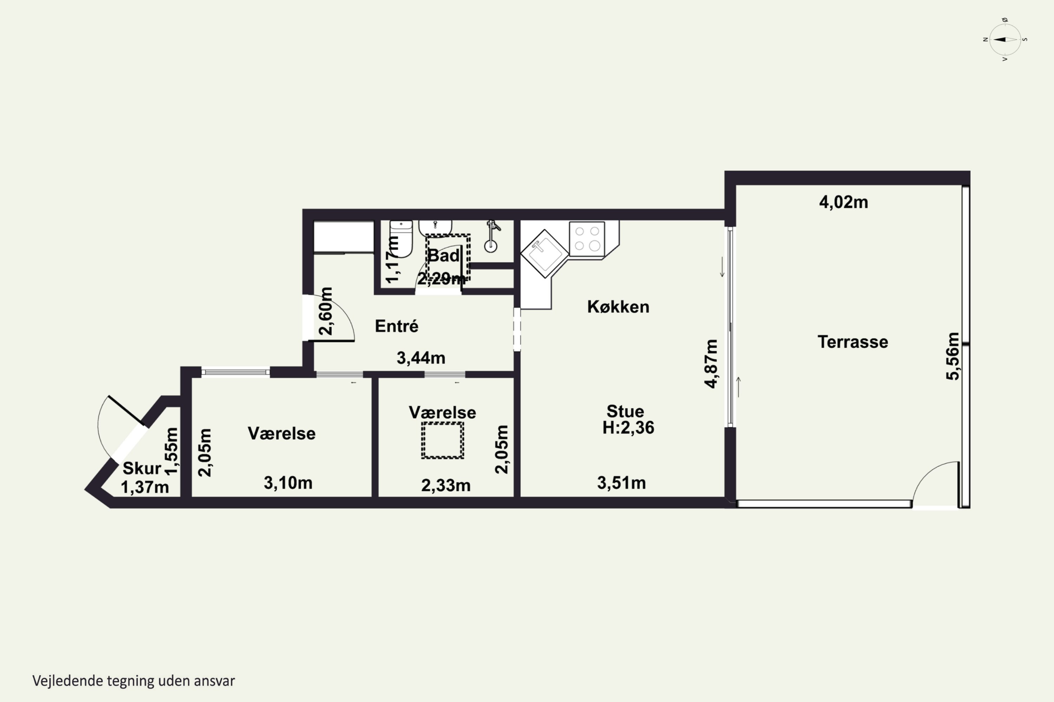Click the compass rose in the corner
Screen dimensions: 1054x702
point(1005,39)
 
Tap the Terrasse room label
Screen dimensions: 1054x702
point(853,342)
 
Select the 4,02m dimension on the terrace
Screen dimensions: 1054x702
point(844,203)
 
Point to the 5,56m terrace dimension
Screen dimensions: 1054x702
point(953,356)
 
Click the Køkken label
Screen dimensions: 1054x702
point(618,307)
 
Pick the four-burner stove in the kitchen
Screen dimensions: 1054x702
point(587,239)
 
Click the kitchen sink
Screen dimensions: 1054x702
point(545,253)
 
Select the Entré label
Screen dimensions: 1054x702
point(397,326)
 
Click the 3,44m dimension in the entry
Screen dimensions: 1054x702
point(421,358)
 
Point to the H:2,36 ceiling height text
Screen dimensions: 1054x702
point(628,428)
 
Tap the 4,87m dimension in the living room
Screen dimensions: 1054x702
point(711,364)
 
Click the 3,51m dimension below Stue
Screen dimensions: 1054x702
point(622,483)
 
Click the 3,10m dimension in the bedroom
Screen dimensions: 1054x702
point(288,483)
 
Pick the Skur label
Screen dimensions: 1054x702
point(142,468)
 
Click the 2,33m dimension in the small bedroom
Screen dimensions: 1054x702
point(446,485)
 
